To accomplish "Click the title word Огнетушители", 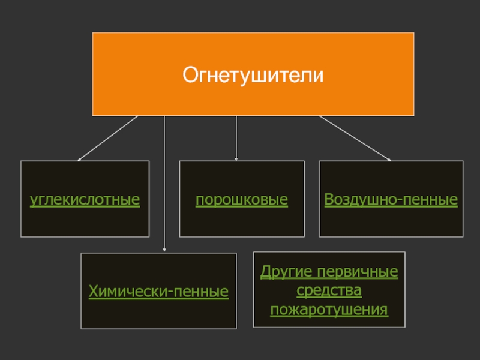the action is [253, 76].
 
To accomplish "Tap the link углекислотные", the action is [85, 199].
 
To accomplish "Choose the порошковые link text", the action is [242, 199].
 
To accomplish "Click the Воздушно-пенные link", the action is [391, 199].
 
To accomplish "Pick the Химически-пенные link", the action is [158, 292].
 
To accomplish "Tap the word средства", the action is [329, 291].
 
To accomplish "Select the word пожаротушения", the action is [329, 310].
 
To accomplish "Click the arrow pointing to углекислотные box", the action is [108, 139].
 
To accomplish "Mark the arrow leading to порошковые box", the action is [236, 138].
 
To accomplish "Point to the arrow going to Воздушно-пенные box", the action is [354, 138].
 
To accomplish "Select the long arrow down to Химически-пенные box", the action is [164, 180].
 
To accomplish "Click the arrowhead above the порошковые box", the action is [236, 159].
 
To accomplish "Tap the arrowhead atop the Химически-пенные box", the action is [164, 251].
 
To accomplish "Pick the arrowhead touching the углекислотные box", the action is [80, 159].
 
